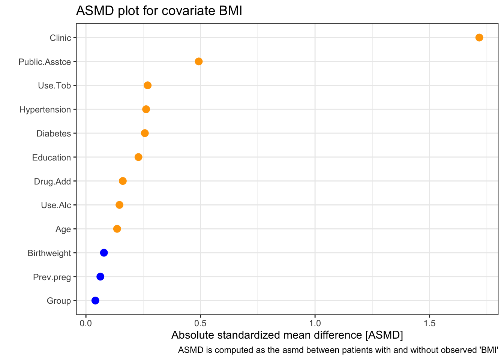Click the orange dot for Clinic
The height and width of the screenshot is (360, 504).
coord(479,37)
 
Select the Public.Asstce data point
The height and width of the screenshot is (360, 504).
coord(199,61)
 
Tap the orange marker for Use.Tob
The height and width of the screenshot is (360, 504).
coord(148,85)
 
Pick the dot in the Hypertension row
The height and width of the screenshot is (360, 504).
coord(146,109)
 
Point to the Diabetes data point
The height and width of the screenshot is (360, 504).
coord(145,133)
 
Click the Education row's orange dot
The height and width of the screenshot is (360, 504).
coord(138,157)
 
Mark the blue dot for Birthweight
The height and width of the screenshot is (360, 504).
coord(104,253)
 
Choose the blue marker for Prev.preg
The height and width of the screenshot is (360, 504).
coord(100,277)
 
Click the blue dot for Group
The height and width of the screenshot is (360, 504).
coord(95,300)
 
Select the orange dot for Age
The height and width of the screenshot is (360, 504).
coord(117,229)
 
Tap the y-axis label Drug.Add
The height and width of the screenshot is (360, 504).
coord(52,181)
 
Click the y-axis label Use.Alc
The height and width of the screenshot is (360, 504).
coord(56,205)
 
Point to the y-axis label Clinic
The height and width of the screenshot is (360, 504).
coord(60,38)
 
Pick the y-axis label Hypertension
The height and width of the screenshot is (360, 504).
coord(45,109)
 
